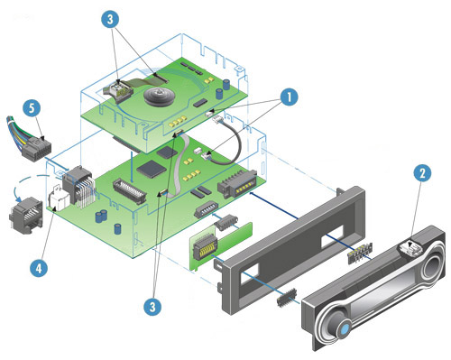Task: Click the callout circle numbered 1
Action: click(x=289, y=97)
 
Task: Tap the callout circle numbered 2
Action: click(x=422, y=173)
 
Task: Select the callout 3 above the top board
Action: click(x=110, y=19)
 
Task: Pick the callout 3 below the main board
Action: click(x=152, y=307)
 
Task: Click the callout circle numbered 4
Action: click(x=39, y=267)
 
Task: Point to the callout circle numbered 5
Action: click(x=32, y=108)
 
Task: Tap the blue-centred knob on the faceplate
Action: click(x=344, y=327)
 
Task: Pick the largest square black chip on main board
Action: click(x=151, y=169)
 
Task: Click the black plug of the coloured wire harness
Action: click(x=37, y=149)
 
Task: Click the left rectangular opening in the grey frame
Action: click(x=250, y=273)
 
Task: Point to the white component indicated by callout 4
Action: click(x=58, y=198)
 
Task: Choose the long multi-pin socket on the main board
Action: click(x=130, y=190)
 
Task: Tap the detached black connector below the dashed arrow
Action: click(x=25, y=214)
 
